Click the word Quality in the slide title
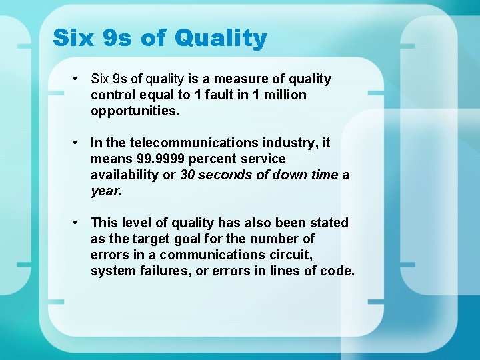coord(220,39)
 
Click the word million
coord(285,95)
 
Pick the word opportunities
coord(135,111)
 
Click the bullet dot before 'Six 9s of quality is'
coord(78,79)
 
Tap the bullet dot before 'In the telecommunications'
coord(78,143)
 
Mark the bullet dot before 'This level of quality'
coord(78,222)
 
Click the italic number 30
coord(189,175)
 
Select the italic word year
coord(105,191)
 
